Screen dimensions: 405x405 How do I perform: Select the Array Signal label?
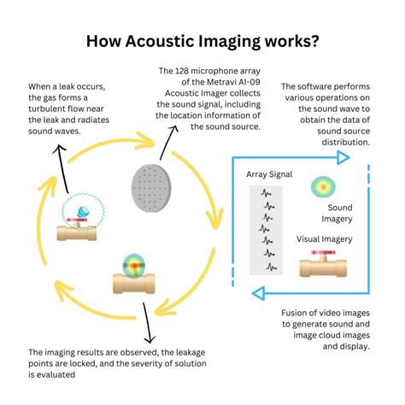(x=270, y=174)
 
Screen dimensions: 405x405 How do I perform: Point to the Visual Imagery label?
(x=325, y=239)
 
